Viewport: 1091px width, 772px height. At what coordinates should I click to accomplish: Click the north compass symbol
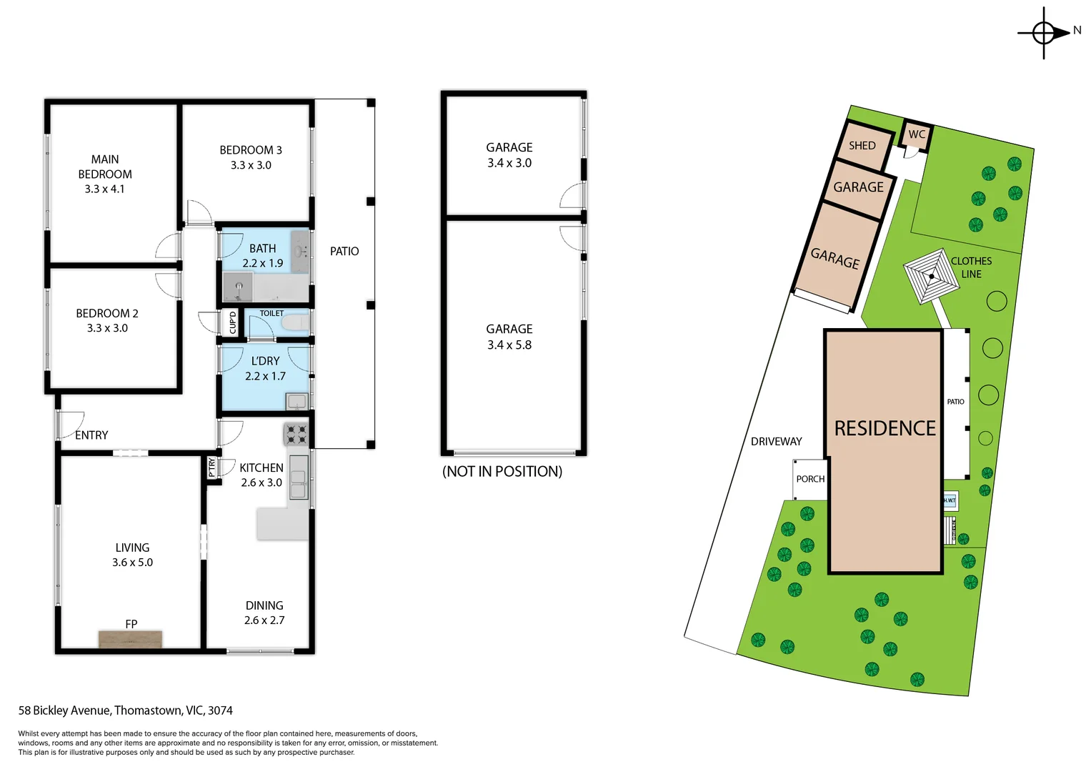(x=1044, y=33)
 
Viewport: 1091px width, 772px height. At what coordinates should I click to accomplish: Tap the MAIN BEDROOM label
(x=105, y=167)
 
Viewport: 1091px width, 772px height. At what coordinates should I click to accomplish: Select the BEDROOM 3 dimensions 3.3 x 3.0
(x=251, y=165)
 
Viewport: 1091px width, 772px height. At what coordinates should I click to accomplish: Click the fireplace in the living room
(x=130, y=638)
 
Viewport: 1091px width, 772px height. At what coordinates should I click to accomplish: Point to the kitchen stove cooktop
(x=297, y=434)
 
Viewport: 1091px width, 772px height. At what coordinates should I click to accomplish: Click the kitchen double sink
(x=299, y=477)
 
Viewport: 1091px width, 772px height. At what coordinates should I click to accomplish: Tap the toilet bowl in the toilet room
(x=295, y=323)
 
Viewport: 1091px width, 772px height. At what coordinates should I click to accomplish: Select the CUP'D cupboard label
(x=232, y=322)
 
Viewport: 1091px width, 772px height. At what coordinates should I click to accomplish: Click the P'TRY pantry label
(x=211, y=467)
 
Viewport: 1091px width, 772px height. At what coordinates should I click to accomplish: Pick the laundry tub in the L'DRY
(x=297, y=402)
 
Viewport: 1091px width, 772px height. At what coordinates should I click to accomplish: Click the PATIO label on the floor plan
(x=344, y=252)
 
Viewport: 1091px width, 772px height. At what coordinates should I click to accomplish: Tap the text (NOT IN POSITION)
(x=502, y=472)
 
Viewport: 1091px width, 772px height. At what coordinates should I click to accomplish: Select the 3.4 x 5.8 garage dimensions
(x=509, y=345)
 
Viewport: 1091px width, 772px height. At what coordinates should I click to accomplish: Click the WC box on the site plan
(x=917, y=134)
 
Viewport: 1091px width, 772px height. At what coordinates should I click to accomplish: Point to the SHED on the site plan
(x=862, y=146)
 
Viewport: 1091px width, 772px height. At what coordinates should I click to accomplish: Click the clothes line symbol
(x=931, y=276)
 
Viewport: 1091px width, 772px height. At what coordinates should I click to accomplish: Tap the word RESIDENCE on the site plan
(x=885, y=428)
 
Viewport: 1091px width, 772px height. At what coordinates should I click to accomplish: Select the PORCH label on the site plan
(x=810, y=479)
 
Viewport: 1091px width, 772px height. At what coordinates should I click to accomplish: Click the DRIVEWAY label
(x=776, y=442)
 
